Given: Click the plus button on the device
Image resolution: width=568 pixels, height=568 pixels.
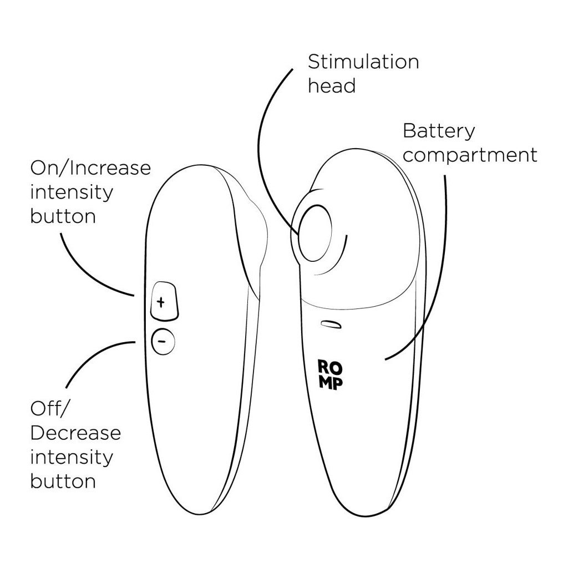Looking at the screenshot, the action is [164, 301].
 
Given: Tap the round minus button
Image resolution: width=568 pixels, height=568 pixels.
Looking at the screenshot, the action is [163, 341].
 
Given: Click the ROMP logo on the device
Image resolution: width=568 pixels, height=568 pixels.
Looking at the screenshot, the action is [330, 375].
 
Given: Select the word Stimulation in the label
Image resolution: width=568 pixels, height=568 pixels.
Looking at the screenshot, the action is [363, 62].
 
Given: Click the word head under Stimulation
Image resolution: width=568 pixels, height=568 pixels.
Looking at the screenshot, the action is [332, 86].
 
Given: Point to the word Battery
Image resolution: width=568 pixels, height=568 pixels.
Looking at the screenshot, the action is [439, 131].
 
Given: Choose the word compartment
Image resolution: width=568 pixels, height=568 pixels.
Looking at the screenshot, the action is [470, 155].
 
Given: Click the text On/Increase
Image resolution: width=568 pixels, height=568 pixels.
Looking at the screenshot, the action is [90, 168].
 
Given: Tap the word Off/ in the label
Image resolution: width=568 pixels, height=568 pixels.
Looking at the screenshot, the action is [49, 409].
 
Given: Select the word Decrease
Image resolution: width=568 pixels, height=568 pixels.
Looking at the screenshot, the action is [75, 433].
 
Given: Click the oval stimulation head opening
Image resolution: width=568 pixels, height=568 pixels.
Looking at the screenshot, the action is [314, 233].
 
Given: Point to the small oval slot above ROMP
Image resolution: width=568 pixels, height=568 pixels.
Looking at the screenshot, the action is [331, 324].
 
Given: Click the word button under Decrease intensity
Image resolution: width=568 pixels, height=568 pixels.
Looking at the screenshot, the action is [63, 481].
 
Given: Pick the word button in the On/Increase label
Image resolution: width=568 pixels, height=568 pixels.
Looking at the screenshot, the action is [63, 216].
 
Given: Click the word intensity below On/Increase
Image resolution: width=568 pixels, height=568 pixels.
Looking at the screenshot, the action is [72, 192].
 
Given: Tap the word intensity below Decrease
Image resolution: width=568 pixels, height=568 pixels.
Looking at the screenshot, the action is [72, 457].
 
